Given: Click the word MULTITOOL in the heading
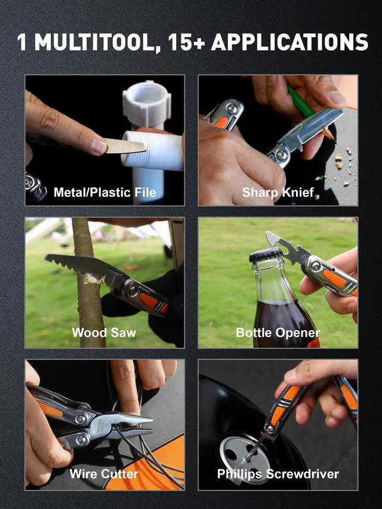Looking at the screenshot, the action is point(93,42).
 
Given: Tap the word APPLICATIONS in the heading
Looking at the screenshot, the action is point(289,42).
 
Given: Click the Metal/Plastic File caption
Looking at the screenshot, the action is point(105,192).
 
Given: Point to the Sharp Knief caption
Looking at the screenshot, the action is point(278,192).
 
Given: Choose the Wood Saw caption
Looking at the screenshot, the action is point(104,332).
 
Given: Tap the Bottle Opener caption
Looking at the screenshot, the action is point(278,333).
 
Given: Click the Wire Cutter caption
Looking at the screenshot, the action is point(104,474).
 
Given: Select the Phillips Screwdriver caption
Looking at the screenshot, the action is point(278,474).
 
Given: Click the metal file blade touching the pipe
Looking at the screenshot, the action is point(125,146).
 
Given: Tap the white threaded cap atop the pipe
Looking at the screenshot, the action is point(146,104).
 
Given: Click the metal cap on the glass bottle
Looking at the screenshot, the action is point(266,255).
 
